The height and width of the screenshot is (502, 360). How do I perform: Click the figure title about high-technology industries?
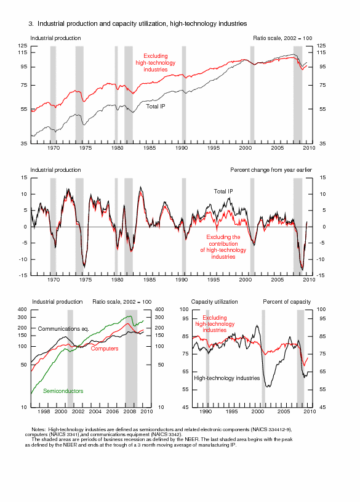click(x=138, y=23)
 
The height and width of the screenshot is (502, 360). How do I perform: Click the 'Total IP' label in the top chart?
click(x=156, y=107)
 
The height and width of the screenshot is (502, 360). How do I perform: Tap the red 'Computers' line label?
click(x=105, y=349)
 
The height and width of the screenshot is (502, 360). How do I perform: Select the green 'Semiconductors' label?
click(x=63, y=391)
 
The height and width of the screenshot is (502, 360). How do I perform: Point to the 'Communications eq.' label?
click(x=63, y=329)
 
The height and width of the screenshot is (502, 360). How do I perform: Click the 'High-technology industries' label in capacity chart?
click(x=227, y=378)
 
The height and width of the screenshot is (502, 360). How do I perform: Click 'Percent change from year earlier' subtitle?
click(x=271, y=170)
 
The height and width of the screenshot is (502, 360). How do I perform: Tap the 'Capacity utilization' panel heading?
click(x=214, y=302)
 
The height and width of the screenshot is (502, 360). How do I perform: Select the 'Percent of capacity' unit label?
click(x=287, y=302)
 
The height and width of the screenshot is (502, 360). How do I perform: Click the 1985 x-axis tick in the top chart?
click(x=150, y=148)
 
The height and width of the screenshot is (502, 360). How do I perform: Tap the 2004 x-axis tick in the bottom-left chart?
click(x=95, y=411)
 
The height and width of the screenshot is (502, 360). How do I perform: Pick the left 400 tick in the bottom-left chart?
click(x=22, y=309)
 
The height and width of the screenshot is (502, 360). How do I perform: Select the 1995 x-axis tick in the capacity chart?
click(x=231, y=411)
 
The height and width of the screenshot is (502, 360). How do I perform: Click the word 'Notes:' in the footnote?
click(x=38, y=429)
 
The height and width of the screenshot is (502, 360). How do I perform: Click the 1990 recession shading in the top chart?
click(x=184, y=95)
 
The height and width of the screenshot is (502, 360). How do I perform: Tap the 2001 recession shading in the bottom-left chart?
click(x=70, y=358)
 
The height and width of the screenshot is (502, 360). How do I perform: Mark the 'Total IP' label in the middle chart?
click(x=223, y=192)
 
